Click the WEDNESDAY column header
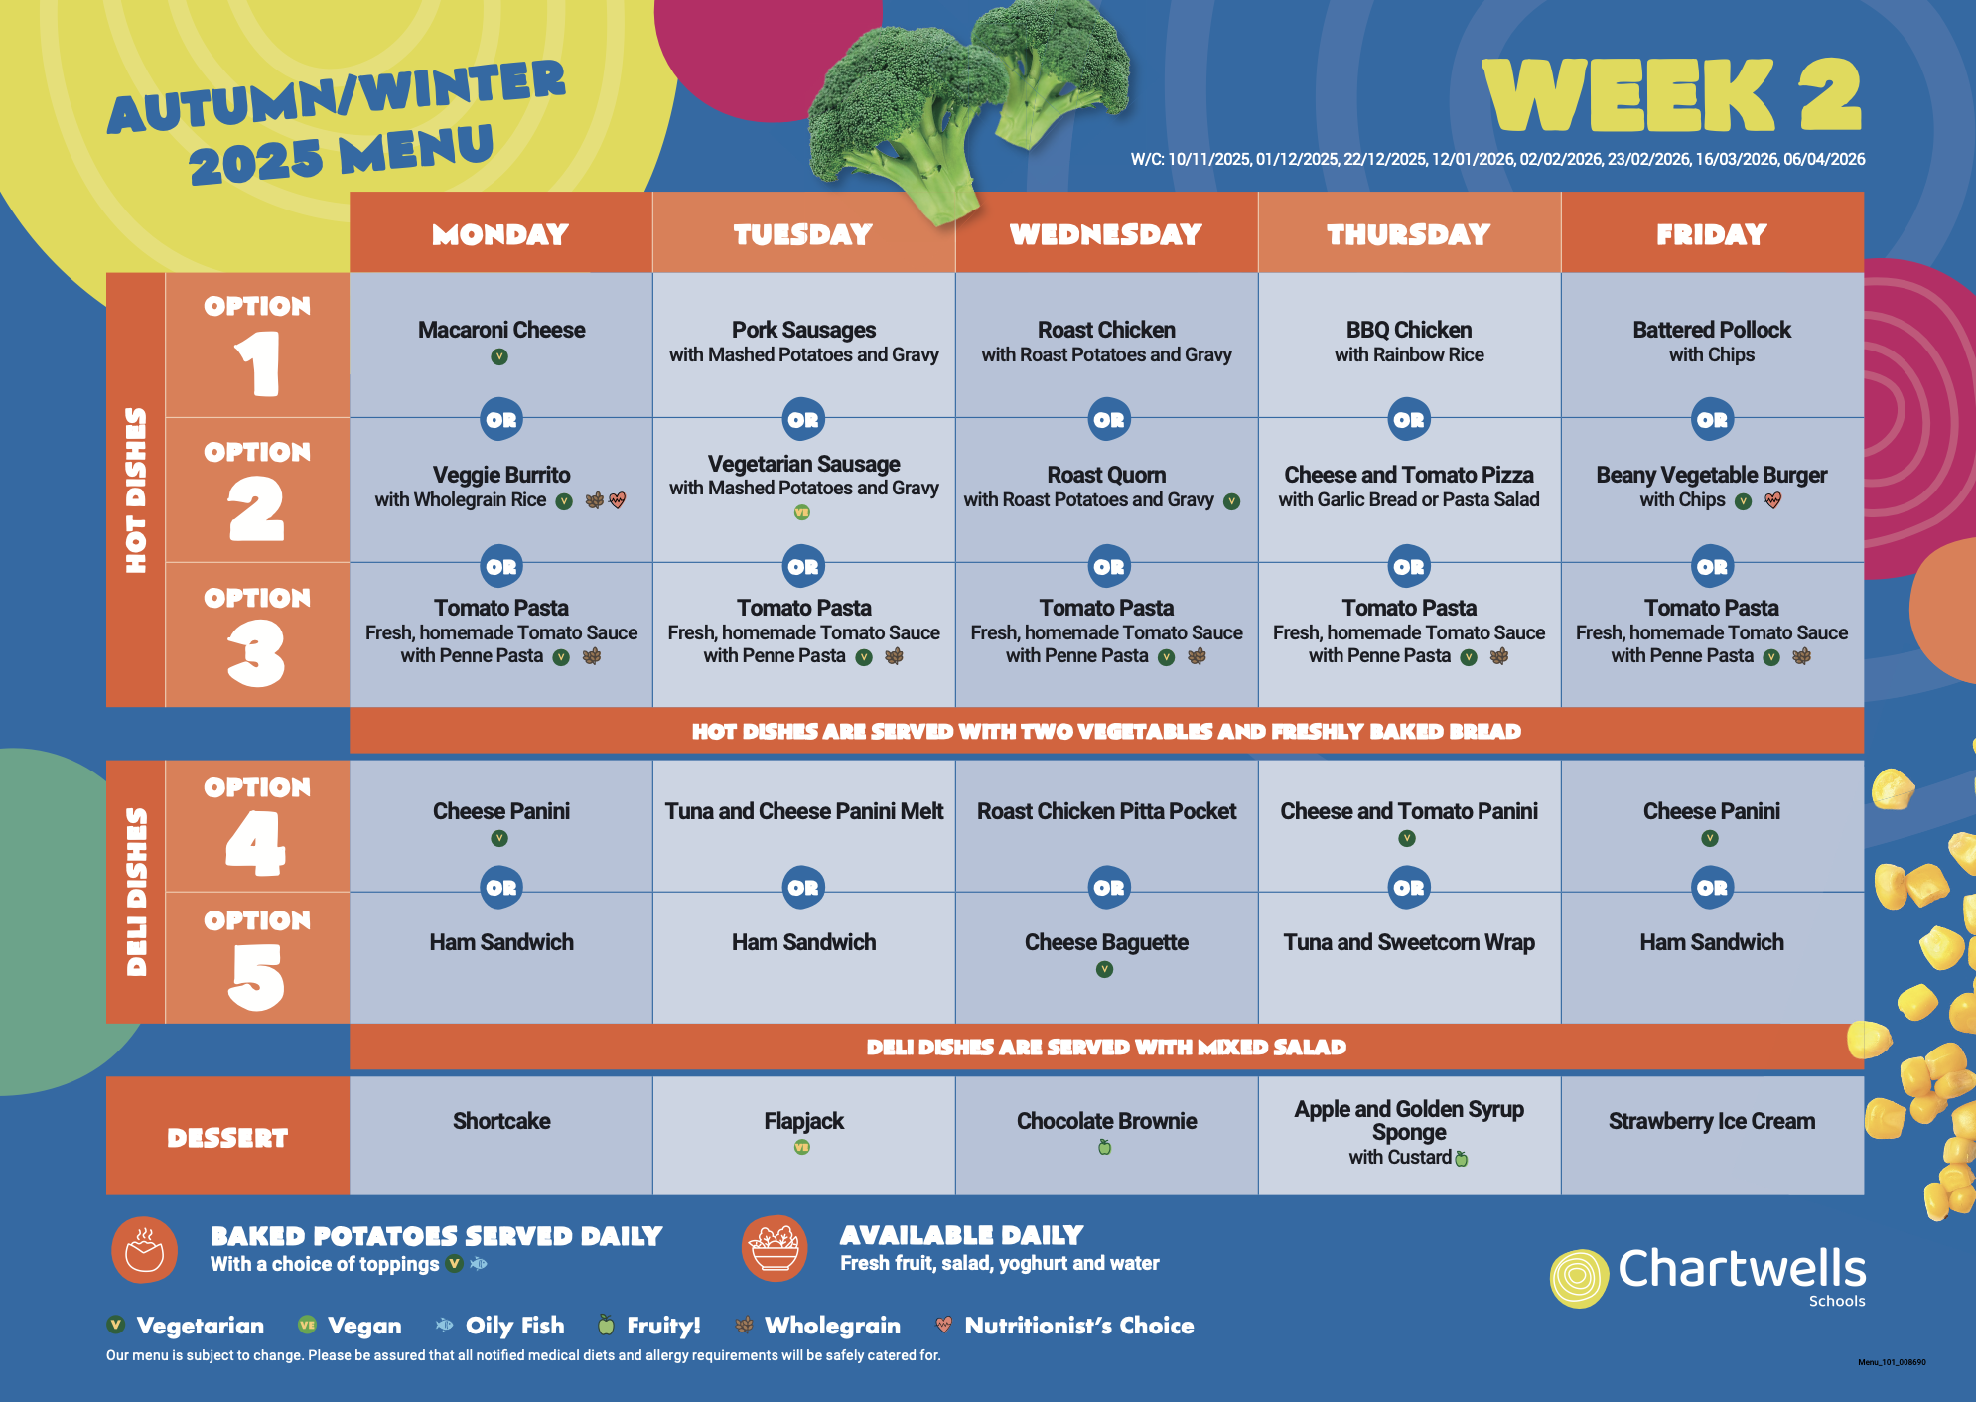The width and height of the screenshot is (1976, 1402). (x=1106, y=234)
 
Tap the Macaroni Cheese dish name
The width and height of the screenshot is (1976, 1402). (x=501, y=330)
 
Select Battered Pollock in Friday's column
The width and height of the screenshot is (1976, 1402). (x=1712, y=330)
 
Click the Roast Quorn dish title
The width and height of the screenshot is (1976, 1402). (x=1106, y=475)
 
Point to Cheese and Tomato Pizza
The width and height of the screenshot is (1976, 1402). (x=1409, y=475)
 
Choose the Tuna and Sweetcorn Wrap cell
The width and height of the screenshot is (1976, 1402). (x=1409, y=942)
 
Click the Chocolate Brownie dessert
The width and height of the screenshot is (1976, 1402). (x=1106, y=1121)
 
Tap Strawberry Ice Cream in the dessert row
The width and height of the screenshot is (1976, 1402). (x=1712, y=1121)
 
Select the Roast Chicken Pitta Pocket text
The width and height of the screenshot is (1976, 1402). (x=1106, y=811)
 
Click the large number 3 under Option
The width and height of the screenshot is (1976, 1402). (x=256, y=653)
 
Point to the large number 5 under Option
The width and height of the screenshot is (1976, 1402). (x=256, y=977)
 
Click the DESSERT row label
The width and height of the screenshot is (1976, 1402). (x=227, y=1138)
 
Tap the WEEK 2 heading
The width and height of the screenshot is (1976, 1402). (x=1672, y=94)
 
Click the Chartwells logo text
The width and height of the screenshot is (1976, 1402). (x=1742, y=1269)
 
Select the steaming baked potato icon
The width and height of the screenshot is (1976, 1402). (x=145, y=1250)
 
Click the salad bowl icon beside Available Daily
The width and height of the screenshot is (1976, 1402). (x=775, y=1249)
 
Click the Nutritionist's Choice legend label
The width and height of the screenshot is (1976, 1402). (x=1079, y=1326)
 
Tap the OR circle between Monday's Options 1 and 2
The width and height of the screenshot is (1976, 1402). (x=501, y=420)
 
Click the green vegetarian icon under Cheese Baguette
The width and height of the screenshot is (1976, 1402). (x=1104, y=969)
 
